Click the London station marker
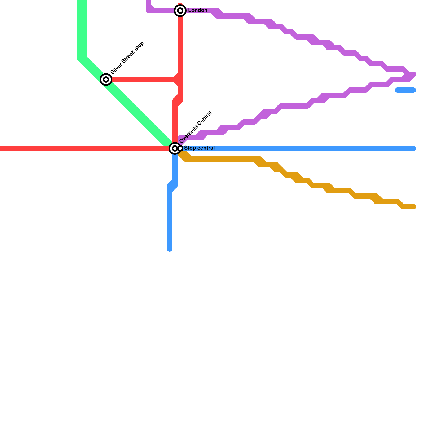point(180,11)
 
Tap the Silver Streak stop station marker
point(106,79)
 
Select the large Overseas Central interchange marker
point(175,148)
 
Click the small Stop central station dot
point(180,148)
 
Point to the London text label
point(198,10)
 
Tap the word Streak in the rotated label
point(127,57)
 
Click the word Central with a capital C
point(204,118)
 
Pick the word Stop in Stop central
point(189,148)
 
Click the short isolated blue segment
point(405,90)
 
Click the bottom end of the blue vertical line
point(170,249)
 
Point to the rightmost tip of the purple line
point(414,74)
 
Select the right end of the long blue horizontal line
point(414,148)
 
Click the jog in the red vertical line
point(178,101)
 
